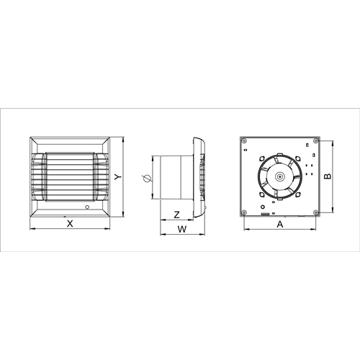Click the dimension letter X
(x=70, y=224)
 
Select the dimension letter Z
(x=177, y=215)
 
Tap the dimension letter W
(x=182, y=229)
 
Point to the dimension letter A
(x=280, y=225)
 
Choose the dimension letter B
(x=328, y=176)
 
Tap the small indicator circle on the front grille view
(x=87, y=207)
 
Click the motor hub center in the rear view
(x=280, y=177)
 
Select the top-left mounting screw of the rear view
(x=244, y=140)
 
